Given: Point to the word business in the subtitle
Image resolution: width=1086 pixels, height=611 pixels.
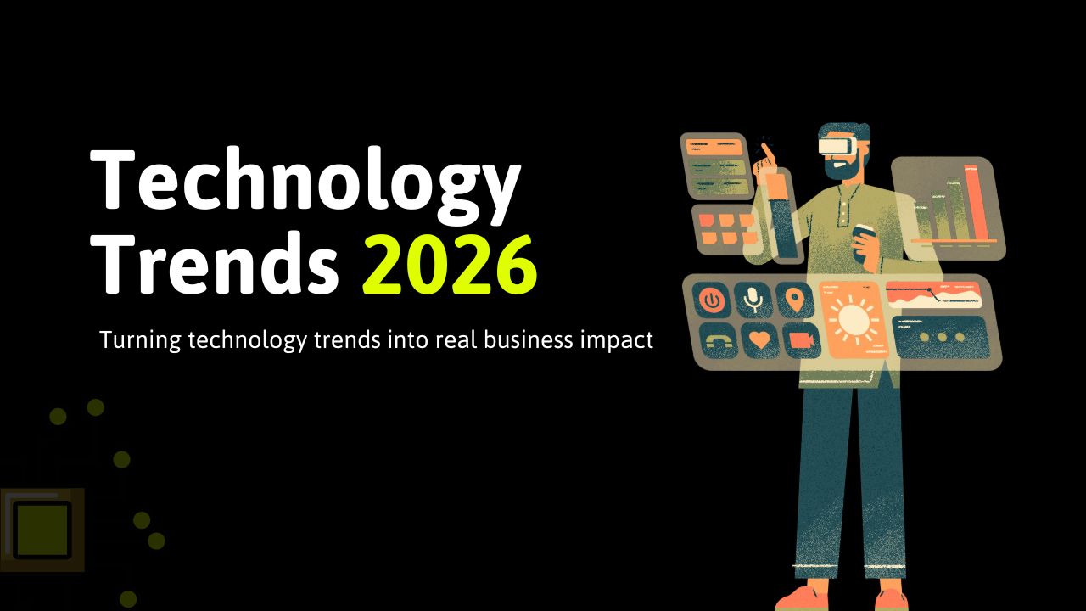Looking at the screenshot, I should [x=525, y=340].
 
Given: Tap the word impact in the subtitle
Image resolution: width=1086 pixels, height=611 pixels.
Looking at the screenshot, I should [x=618, y=341].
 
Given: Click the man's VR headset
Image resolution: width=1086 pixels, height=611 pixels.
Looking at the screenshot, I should [x=836, y=144].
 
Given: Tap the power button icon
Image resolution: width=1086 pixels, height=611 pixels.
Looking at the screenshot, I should [x=711, y=300].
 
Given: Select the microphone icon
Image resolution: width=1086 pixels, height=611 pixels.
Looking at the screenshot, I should [x=752, y=300].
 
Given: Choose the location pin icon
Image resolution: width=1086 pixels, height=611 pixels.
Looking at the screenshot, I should [x=794, y=300].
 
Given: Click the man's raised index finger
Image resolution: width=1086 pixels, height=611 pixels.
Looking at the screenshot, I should [x=765, y=151].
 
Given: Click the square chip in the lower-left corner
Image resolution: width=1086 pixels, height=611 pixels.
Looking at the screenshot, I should [x=41, y=530].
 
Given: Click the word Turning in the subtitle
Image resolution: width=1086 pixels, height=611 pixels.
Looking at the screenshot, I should [x=137, y=340].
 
